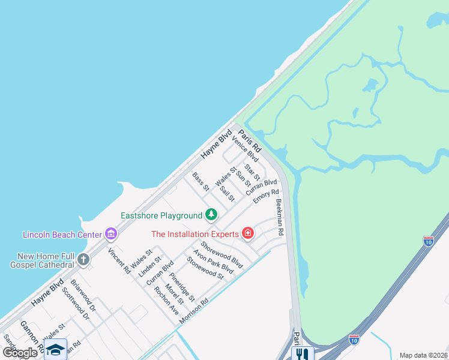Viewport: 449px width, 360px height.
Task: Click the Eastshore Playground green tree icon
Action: click(211, 214)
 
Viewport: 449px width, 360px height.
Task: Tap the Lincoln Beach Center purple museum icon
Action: click(110, 233)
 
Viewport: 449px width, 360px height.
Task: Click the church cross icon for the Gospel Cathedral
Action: click(83, 260)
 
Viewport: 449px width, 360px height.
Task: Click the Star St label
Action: click(252, 172)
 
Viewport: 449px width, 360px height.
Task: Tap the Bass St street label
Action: click(200, 182)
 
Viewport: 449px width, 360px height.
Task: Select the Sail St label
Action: click(227, 194)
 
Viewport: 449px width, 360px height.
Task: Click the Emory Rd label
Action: click(266, 196)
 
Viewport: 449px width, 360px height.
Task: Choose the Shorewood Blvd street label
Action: click(221, 254)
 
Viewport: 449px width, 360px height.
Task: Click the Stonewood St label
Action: click(205, 268)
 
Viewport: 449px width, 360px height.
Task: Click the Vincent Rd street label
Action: click(119, 261)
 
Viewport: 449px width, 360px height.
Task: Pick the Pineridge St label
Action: click(182, 287)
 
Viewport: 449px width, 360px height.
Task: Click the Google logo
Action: click(20, 353)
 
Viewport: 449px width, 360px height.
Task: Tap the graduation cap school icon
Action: click(55, 349)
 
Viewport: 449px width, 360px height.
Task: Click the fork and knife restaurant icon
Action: click(301, 354)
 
